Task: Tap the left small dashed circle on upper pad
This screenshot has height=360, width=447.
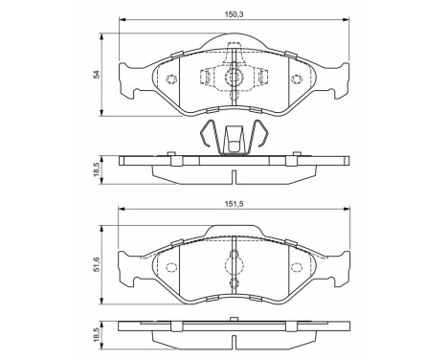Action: tap(170, 80)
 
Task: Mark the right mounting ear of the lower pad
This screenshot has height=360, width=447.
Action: tap(340, 260)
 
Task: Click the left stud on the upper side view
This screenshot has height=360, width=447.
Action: tap(169, 153)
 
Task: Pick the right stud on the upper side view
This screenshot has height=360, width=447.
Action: tap(296, 153)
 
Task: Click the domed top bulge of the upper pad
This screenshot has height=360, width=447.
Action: tap(234, 44)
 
